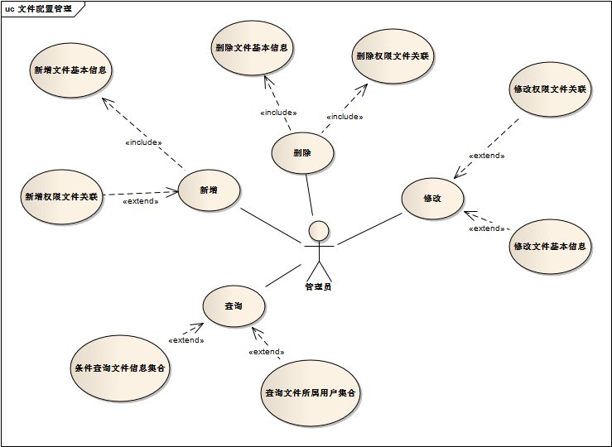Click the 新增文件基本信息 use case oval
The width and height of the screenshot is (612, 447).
(x=70, y=70)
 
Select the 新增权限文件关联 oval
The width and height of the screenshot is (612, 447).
(x=61, y=197)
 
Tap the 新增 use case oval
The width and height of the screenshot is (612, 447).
(x=209, y=190)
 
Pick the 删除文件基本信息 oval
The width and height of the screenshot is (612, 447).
(x=250, y=48)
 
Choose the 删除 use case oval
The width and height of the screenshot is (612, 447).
(x=302, y=153)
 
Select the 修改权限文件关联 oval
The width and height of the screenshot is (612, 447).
(x=550, y=89)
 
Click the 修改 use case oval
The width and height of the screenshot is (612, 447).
(x=432, y=199)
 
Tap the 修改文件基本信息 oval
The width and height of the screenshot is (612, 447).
(x=550, y=247)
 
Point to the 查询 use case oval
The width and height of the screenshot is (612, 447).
(x=234, y=307)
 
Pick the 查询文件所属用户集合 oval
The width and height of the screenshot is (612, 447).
(x=310, y=393)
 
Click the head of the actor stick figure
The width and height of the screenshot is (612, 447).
(x=318, y=230)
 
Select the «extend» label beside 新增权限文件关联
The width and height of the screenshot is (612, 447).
(x=140, y=201)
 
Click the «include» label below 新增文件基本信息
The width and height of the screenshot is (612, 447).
(x=142, y=142)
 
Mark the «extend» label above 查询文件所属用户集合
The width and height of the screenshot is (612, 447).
(x=266, y=352)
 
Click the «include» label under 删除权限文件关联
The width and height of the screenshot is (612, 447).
(x=344, y=117)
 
